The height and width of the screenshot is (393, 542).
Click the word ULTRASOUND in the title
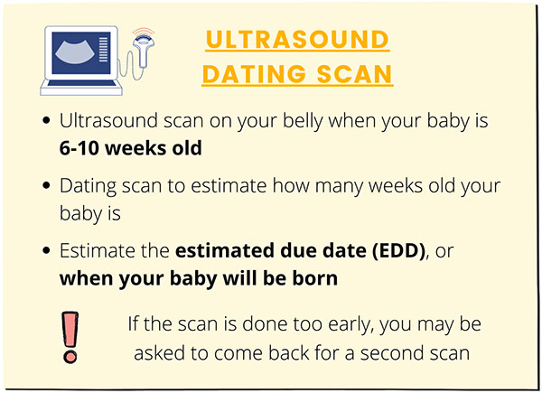click(297, 40)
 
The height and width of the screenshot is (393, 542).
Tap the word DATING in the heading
click(255, 74)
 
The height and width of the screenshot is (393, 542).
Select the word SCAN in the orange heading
click(354, 74)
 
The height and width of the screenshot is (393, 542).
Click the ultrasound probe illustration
click(144, 51)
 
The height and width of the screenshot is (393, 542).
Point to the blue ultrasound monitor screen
click(81, 53)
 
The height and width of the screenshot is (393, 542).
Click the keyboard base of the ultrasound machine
click(81, 87)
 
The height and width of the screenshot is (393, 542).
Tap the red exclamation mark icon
click(70, 337)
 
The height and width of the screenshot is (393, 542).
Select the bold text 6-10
click(79, 148)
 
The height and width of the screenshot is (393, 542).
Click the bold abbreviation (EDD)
click(398, 250)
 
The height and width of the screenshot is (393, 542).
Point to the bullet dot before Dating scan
click(46, 185)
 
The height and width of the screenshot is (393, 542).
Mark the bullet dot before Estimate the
click(46, 250)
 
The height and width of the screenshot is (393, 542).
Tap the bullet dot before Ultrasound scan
click(46, 120)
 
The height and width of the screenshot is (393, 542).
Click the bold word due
click(299, 250)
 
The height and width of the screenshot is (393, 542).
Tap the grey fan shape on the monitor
click(75, 51)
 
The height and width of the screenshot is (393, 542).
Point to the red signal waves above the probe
click(143, 32)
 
